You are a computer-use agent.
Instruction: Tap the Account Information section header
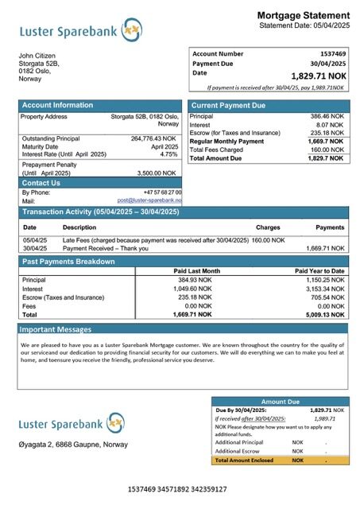[x=57, y=105]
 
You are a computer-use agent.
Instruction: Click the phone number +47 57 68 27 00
[x=162, y=192]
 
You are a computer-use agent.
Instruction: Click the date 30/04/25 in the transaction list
[x=35, y=247]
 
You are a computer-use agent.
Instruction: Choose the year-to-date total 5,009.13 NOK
[x=325, y=314]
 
